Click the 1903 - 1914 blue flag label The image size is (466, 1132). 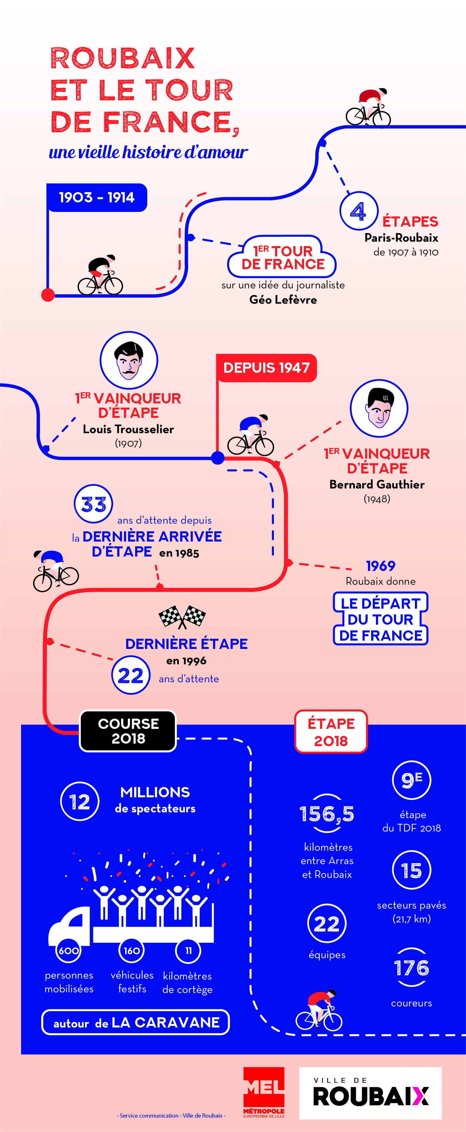(97, 197)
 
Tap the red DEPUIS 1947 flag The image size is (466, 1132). (267, 368)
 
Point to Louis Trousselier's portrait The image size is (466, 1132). (129, 360)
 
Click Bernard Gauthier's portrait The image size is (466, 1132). (379, 408)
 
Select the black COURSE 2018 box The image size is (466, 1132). (128, 731)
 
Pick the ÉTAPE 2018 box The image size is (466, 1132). (331, 732)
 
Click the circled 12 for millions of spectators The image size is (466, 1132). (80, 801)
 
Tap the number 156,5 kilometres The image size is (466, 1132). (327, 813)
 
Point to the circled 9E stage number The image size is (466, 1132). (411, 780)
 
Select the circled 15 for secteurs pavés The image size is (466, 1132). (411, 870)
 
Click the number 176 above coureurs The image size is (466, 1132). (411, 967)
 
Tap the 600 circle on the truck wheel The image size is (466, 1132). (69, 950)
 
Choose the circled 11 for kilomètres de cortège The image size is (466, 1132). (188, 950)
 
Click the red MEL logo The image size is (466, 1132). (264, 1092)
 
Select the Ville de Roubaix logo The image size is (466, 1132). (370, 1093)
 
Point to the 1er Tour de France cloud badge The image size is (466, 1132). (282, 258)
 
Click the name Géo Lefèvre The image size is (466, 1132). (283, 300)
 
